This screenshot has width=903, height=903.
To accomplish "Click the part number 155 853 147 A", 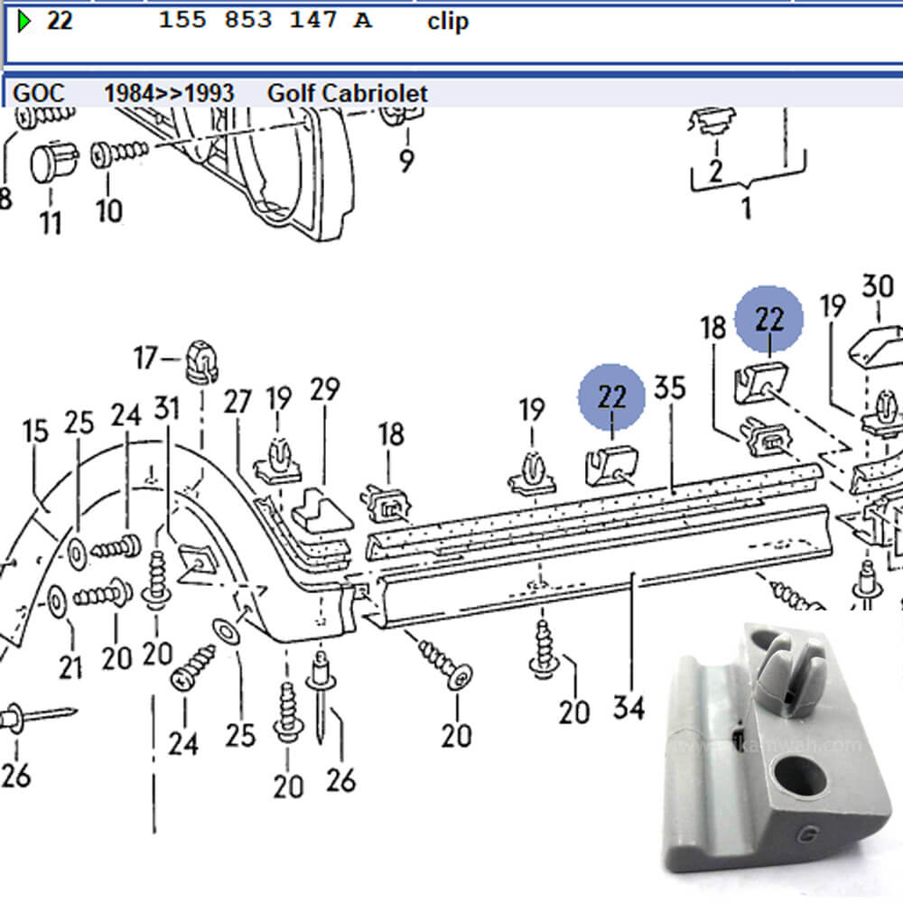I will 265,21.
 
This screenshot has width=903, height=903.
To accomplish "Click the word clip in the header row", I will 448,21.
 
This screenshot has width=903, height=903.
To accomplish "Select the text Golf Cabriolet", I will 348,93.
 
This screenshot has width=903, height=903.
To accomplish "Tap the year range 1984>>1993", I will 169,93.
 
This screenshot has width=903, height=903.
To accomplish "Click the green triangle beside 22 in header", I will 24,21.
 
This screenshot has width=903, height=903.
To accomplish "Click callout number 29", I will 324,390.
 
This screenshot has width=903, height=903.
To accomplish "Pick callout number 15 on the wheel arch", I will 36,432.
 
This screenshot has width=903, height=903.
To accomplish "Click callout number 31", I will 166,409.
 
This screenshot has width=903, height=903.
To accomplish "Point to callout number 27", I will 237,402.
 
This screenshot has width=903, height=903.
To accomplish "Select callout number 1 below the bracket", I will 746,209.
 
